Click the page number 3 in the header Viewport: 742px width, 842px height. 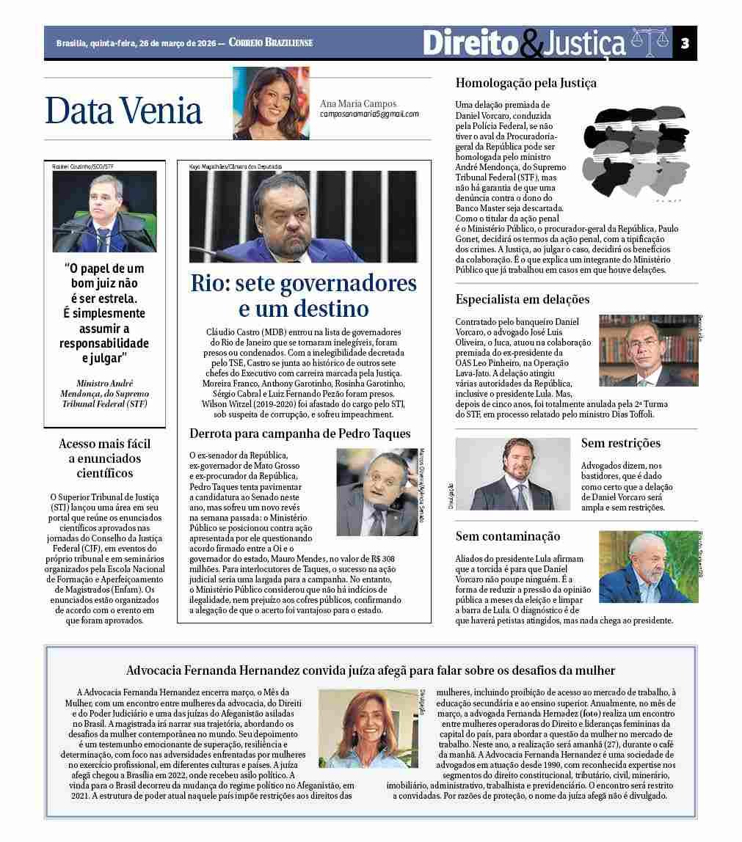pyautogui.click(x=684, y=43)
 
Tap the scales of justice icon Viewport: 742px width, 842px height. pyautogui.click(x=650, y=43)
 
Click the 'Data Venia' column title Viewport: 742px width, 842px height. pyautogui.click(x=123, y=110)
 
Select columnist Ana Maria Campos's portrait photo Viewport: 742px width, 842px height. pyautogui.click(x=271, y=103)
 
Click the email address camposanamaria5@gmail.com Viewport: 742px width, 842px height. pyautogui.click(x=369, y=114)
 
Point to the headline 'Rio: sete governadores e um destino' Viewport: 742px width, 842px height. pyautogui.click(x=303, y=295)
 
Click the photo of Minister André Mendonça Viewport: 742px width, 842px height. pyautogui.click(x=104, y=211)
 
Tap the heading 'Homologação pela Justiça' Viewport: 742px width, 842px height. pyautogui.click(x=525, y=83)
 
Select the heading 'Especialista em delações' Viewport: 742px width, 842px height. pyautogui.click(x=522, y=299)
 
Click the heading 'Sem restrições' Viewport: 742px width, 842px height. pyautogui.click(x=620, y=443)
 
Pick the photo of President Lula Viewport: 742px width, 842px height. pyautogui.click(x=644, y=567)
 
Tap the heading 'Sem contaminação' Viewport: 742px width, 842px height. pyautogui.click(x=507, y=536)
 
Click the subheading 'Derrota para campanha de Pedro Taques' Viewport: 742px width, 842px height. pyautogui.click(x=299, y=433)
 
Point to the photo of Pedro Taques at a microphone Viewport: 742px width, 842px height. pyautogui.click(x=377, y=491)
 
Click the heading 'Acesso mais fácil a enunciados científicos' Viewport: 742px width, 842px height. pyautogui.click(x=104, y=458)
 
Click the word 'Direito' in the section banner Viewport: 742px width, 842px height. pyautogui.click(x=470, y=43)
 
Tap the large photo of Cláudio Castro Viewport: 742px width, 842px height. pyautogui.click(x=303, y=216)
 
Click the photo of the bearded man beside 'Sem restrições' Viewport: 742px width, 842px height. pyautogui.click(x=512, y=474)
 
